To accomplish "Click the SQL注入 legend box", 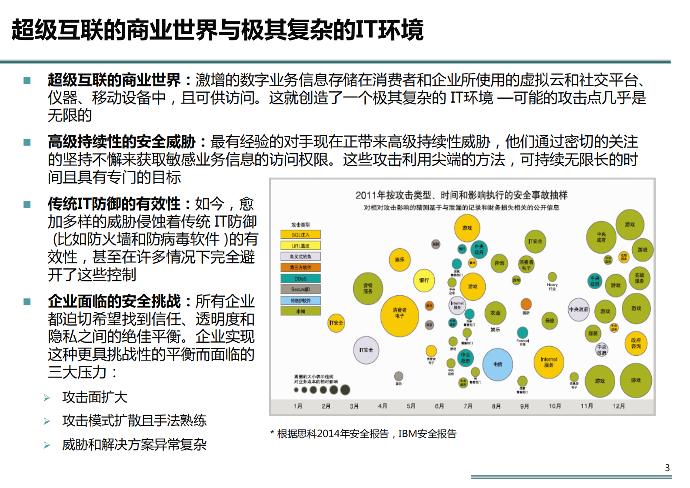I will coord(300,235).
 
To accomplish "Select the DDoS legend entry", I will coord(300,279).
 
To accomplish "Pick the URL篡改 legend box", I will coord(300,246).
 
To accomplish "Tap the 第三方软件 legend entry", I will coord(300,267).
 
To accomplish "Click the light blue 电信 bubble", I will coord(498,364).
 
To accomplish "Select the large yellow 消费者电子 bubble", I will coord(400,316).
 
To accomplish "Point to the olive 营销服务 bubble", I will coord(368,288).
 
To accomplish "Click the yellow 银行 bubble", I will coord(424,281).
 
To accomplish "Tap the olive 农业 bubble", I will coord(495,313).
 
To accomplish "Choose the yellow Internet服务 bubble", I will coord(549,362).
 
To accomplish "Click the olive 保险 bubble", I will coord(550,321).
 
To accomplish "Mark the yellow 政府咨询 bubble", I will coord(636,344).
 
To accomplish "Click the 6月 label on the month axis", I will coord(439,406).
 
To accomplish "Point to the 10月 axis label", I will coord(555,406).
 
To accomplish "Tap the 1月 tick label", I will coord(298,406).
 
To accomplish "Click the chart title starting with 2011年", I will coord(461,195).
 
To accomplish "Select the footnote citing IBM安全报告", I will coord(363,434).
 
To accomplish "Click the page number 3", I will coord(667,468).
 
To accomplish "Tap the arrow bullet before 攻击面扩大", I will coord(47,398).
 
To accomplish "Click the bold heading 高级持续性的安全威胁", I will coord(122,142).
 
